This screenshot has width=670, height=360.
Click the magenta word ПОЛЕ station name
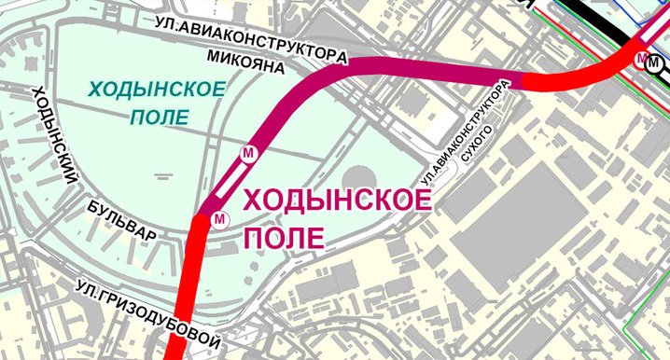click(x=285, y=237)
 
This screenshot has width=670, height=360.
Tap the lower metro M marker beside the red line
click(x=219, y=218)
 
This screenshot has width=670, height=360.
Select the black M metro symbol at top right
click(x=656, y=67)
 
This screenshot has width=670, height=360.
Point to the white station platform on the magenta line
click(x=231, y=185)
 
